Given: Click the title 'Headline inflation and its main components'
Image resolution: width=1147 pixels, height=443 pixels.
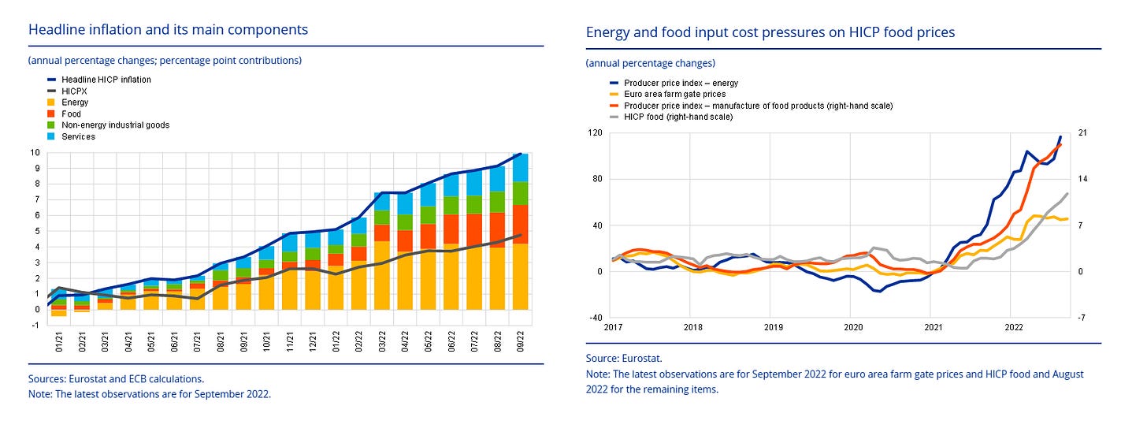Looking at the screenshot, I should click(x=168, y=30).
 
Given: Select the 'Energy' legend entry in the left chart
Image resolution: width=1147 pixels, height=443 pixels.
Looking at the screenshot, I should click(x=75, y=102).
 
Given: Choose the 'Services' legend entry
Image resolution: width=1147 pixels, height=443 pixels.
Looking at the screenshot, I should click(x=78, y=136).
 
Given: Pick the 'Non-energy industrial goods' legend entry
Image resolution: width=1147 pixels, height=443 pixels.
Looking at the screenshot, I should click(x=115, y=125).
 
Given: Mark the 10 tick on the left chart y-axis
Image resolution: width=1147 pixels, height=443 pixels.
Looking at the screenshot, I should click(x=35, y=152).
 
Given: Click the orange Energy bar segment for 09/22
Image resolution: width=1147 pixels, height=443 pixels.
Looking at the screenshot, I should click(x=520, y=276).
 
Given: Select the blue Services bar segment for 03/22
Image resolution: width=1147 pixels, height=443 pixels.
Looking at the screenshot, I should click(x=381, y=201).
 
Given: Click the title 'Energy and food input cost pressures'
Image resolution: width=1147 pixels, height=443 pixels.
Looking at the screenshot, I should click(x=770, y=32).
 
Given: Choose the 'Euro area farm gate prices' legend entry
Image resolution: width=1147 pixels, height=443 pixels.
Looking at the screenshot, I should click(x=674, y=94).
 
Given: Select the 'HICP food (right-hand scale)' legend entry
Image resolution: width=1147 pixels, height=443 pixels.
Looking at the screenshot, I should click(x=677, y=117).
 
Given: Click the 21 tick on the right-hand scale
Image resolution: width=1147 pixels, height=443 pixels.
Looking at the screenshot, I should click(x=1082, y=132).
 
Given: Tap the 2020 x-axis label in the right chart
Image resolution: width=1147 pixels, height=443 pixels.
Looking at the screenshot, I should click(x=852, y=326).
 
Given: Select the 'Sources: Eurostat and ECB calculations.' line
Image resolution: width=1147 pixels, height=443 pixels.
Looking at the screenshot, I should click(x=116, y=379).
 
